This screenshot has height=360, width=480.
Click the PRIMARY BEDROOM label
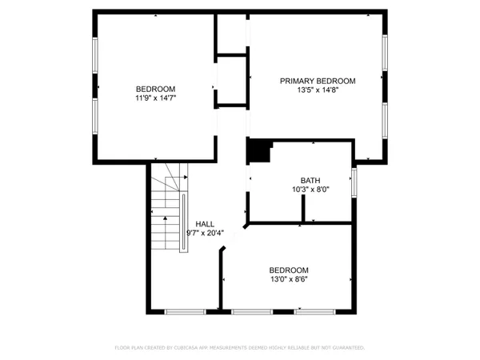pyautogui.click(x=317, y=81)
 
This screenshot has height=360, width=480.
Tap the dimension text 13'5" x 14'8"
pyautogui.click(x=317, y=90)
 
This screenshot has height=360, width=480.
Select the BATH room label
pyautogui.click(x=310, y=180)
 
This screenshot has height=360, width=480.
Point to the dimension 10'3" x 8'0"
pyautogui.click(x=310, y=190)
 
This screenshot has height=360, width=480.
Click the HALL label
pyautogui.click(x=205, y=223)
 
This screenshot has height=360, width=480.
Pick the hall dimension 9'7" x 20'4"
pyautogui.click(x=205, y=233)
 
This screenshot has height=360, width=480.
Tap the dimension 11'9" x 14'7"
pyautogui.click(x=155, y=98)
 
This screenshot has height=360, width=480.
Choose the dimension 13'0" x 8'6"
pyautogui.click(x=288, y=280)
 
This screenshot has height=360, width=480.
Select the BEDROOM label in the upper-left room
pyautogui.click(x=155, y=89)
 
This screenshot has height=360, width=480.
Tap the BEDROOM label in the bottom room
pyautogui.click(x=288, y=270)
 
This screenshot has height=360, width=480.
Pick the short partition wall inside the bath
pyautogui.click(x=302, y=208)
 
